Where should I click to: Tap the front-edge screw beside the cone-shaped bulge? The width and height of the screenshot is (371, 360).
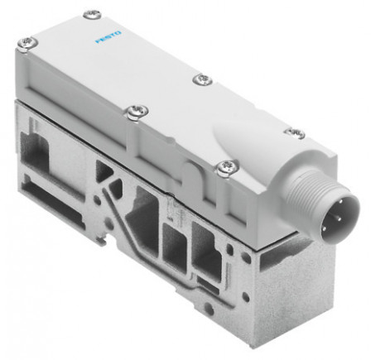224,168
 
